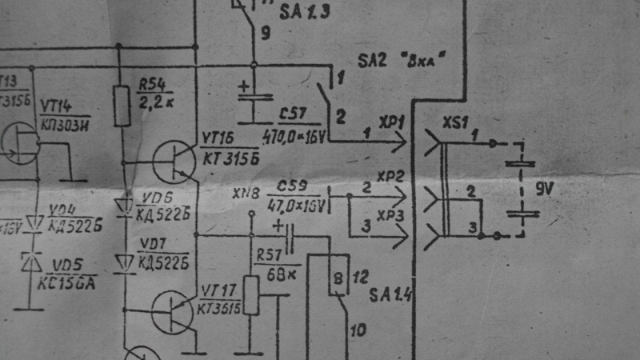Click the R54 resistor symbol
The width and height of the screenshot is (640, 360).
pos(122,106)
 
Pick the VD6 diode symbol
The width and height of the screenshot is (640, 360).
pos(122,206)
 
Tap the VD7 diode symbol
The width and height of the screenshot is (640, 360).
pos(122,262)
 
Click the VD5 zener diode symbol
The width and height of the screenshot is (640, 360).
pos(33,262)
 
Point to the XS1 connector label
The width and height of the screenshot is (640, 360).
pos(456,125)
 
